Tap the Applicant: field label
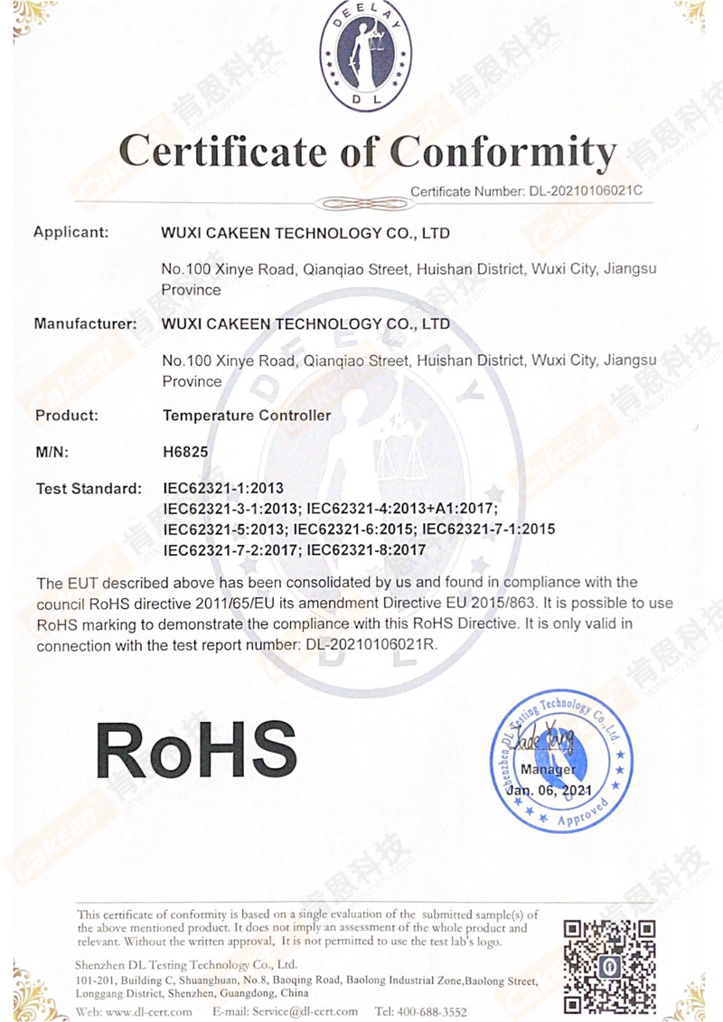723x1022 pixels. [70, 232]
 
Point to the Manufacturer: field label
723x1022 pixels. [86, 323]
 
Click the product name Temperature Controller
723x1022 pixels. [246, 416]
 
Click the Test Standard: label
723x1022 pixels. [89, 489]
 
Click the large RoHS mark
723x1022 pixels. [196, 749]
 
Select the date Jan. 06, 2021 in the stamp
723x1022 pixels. [549, 790]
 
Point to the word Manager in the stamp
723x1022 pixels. [548, 770]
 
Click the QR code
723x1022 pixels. [609, 965]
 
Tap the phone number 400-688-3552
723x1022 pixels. [434, 1011]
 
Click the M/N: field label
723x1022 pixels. [52, 451]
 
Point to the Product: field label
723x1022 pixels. [66, 416]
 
